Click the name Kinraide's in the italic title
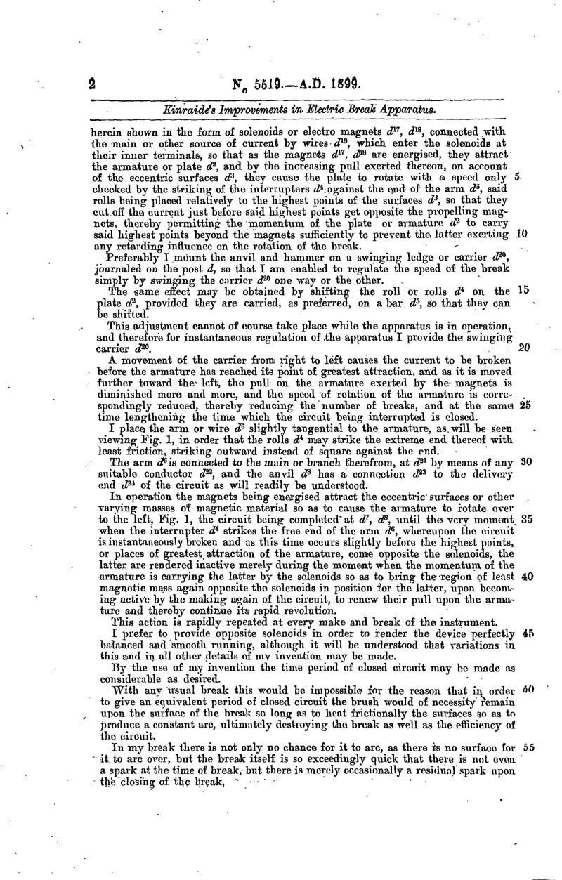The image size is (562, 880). (x=185, y=110)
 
